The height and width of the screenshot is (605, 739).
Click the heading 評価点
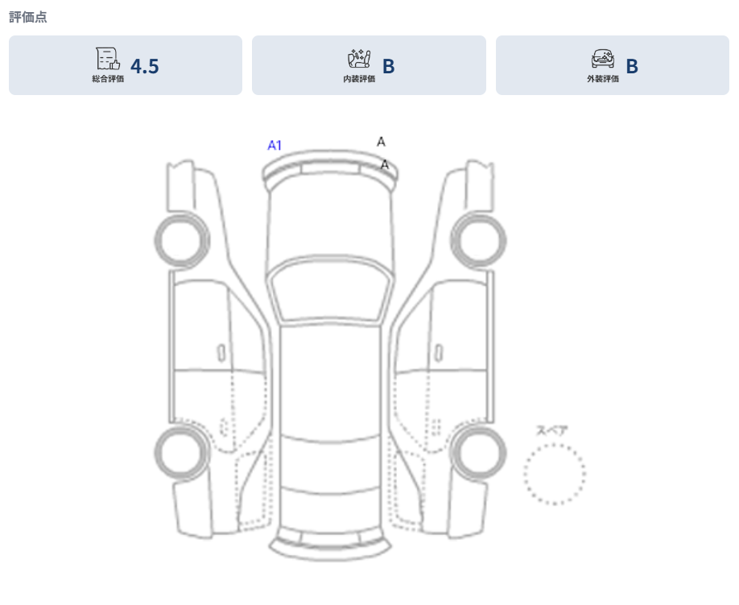click(28, 17)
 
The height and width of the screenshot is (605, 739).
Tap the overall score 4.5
click(145, 66)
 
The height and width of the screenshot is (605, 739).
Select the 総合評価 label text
click(108, 80)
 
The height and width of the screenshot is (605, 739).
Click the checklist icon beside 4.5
click(108, 59)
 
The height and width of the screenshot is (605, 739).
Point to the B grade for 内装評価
click(388, 66)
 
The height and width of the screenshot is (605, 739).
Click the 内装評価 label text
click(359, 80)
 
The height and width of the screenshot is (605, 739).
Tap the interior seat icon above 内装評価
click(359, 59)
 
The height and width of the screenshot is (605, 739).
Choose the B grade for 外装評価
click(632, 66)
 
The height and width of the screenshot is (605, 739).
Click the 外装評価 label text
click(603, 80)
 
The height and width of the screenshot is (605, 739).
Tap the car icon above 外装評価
click(603, 59)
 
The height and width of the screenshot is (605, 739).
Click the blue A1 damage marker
click(275, 146)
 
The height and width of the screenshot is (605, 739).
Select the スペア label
click(552, 430)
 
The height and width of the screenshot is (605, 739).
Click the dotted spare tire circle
click(555, 474)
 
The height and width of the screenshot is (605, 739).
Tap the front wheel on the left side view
click(180, 238)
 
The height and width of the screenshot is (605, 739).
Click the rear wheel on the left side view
click(180, 454)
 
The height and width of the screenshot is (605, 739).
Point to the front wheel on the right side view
click(479, 238)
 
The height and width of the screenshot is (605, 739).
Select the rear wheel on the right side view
click(479, 454)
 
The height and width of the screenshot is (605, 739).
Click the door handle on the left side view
click(220, 353)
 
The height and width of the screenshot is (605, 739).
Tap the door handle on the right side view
click(439, 353)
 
